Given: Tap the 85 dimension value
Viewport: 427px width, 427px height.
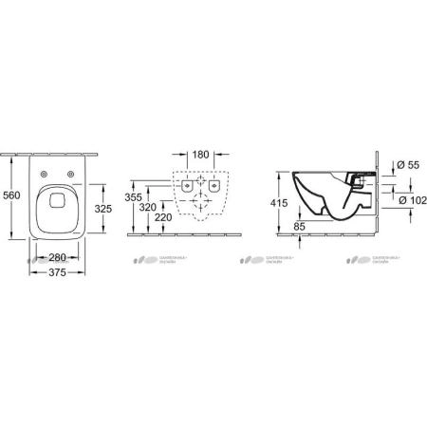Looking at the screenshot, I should pyautogui.click(x=300, y=226).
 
